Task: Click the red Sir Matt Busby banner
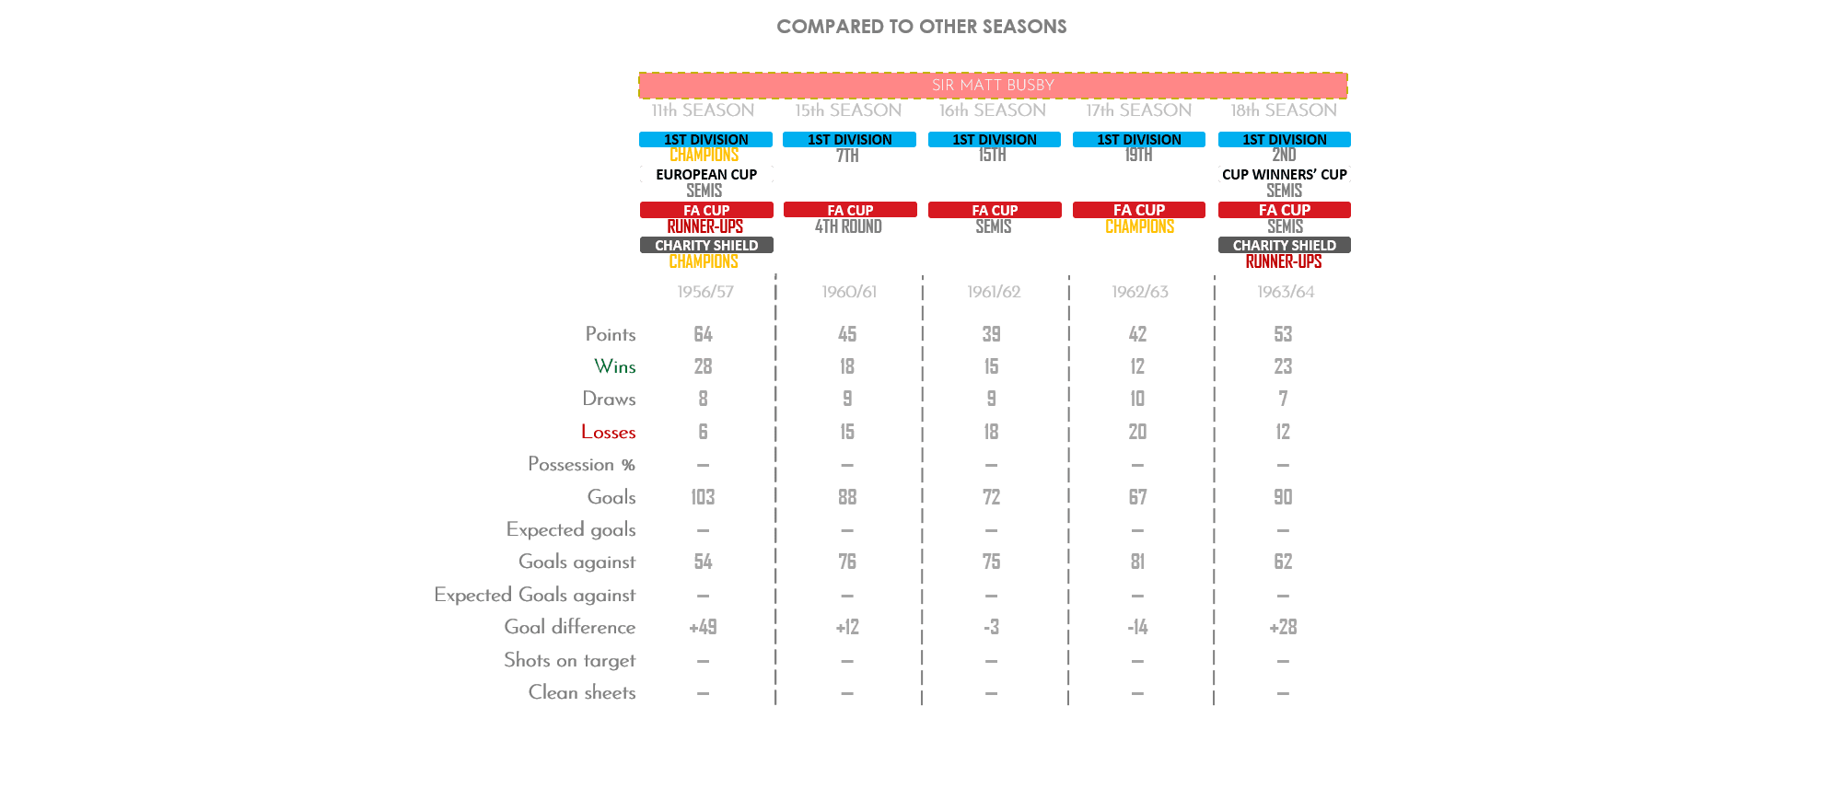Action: point(993,86)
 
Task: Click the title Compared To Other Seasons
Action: point(921,27)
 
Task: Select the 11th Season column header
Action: point(703,110)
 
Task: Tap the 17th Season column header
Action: point(1138,110)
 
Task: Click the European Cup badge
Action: point(706,174)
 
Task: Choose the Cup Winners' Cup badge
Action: point(1284,174)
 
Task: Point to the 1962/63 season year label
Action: point(1139,292)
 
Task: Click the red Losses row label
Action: point(608,432)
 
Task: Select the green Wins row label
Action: point(614,366)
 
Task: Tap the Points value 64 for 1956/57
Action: point(703,334)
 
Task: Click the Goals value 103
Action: point(703,497)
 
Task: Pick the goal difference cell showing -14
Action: point(1137,627)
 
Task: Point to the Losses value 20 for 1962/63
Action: point(1137,432)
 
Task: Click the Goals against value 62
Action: point(1283,562)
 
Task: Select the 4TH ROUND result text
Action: point(848,226)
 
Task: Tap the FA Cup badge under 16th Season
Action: point(994,210)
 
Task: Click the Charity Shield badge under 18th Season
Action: point(1284,246)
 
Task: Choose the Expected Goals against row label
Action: point(535,595)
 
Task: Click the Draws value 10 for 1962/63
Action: point(1137,399)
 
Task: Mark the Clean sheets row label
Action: point(582,692)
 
